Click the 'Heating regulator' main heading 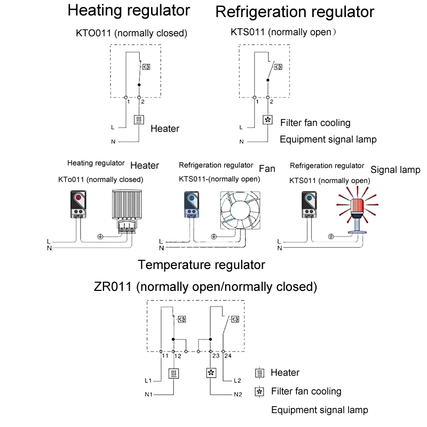point(129,11)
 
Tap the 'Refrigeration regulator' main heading point(295,12)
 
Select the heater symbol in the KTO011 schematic point(139,120)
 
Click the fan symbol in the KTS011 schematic point(268,120)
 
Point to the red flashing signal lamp point(357,210)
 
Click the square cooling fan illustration point(240,210)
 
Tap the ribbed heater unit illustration point(127,211)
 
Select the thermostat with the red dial point(78,204)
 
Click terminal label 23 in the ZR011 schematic point(216,355)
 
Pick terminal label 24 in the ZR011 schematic point(228,355)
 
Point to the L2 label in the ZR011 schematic point(238,381)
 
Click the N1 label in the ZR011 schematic point(149,394)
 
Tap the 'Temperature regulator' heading point(202,265)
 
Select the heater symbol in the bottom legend point(259,373)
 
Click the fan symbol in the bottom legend point(259,392)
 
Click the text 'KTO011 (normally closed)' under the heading point(131,33)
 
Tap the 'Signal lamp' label point(396,170)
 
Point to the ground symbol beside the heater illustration point(100,236)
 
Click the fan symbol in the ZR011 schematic point(211,373)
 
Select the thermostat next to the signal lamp point(309,204)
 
